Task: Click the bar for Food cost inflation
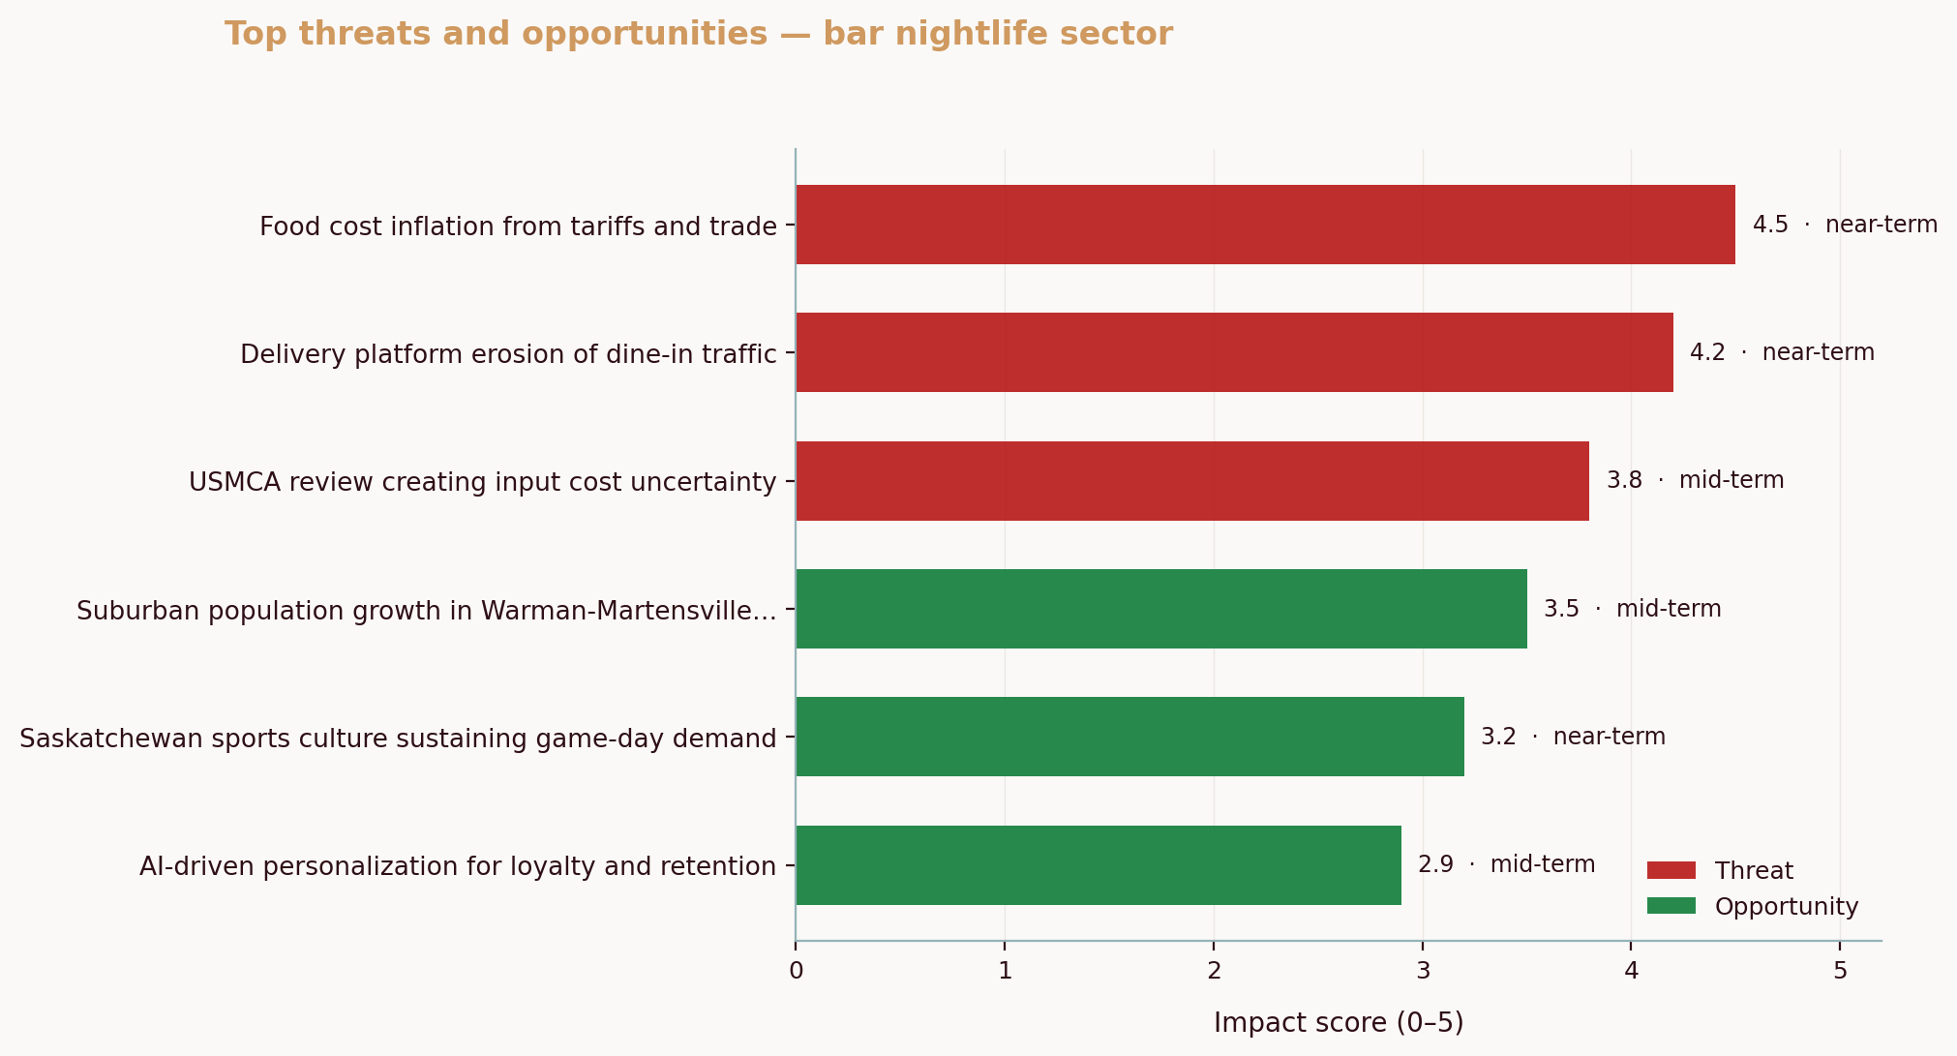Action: [1265, 225]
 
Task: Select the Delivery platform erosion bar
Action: [1234, 352]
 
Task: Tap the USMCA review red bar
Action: [1192, 481]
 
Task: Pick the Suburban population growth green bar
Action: [1161, 609]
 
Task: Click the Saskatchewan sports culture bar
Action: [1129, 737]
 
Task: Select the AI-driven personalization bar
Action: [1099, 865]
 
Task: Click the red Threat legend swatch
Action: [1671, 870]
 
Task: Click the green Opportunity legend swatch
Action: [1671, 906]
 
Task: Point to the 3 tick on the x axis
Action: [1423, 971]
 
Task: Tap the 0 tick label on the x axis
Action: [796, 971]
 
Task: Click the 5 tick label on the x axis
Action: [1840, 971]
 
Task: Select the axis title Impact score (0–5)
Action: [1339, 1023]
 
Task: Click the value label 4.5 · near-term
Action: [1845, 225]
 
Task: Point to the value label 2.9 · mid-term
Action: [1506, 864]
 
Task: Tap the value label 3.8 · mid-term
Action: [1695, 480]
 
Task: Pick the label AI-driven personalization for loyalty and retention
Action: [458, 866]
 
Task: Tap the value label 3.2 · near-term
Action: [1573, 737]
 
